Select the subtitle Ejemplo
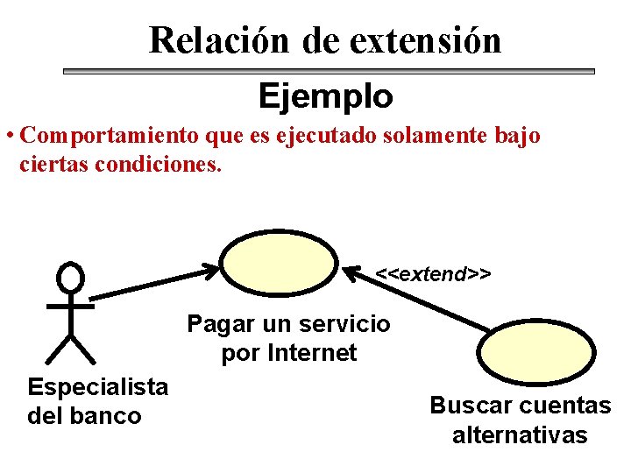(325, 95)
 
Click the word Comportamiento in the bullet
(109, 137)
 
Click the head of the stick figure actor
(70, 279)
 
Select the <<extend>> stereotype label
(433, 274)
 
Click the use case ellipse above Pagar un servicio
(278, 263)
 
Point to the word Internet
(312, 353)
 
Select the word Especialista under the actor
(98, 386)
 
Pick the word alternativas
(520, 435)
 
